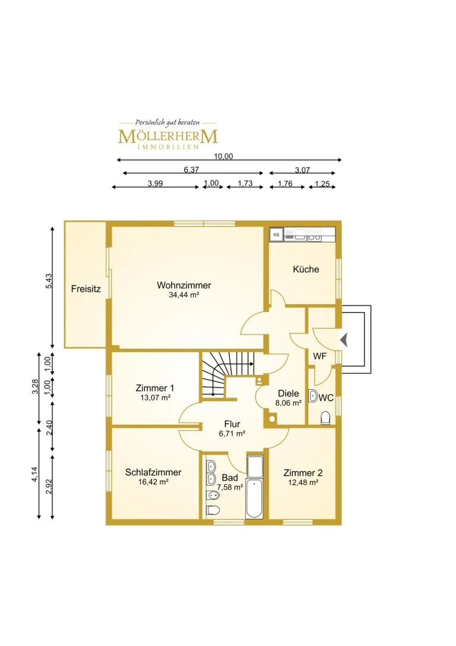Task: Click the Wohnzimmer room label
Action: (x=184, y=285)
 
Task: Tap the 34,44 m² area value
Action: (x=184, y=295)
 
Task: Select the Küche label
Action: (x=306, y=269)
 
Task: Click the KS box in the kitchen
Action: (x=276, y=235)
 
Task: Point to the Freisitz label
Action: (x=85, y=289)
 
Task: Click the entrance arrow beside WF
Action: (x=344, y=341)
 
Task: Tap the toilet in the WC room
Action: (x=325, y=418)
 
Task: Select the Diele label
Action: (x=288, y=393)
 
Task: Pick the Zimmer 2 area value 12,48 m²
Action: (x=303, y=483)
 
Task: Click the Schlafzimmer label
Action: (x=153, y=472)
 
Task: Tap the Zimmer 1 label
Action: (x=155, y=388)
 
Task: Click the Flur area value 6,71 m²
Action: (x=232, y=433)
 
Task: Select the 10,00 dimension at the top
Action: (x=223, y=156)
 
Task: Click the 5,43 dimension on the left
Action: (x=49, y=281)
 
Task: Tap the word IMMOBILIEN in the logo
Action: (x=168, y=147)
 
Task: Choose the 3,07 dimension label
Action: (x=302, y=170)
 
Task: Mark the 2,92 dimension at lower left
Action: (x=49, y=487)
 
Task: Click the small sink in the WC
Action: (x=313, y=396)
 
